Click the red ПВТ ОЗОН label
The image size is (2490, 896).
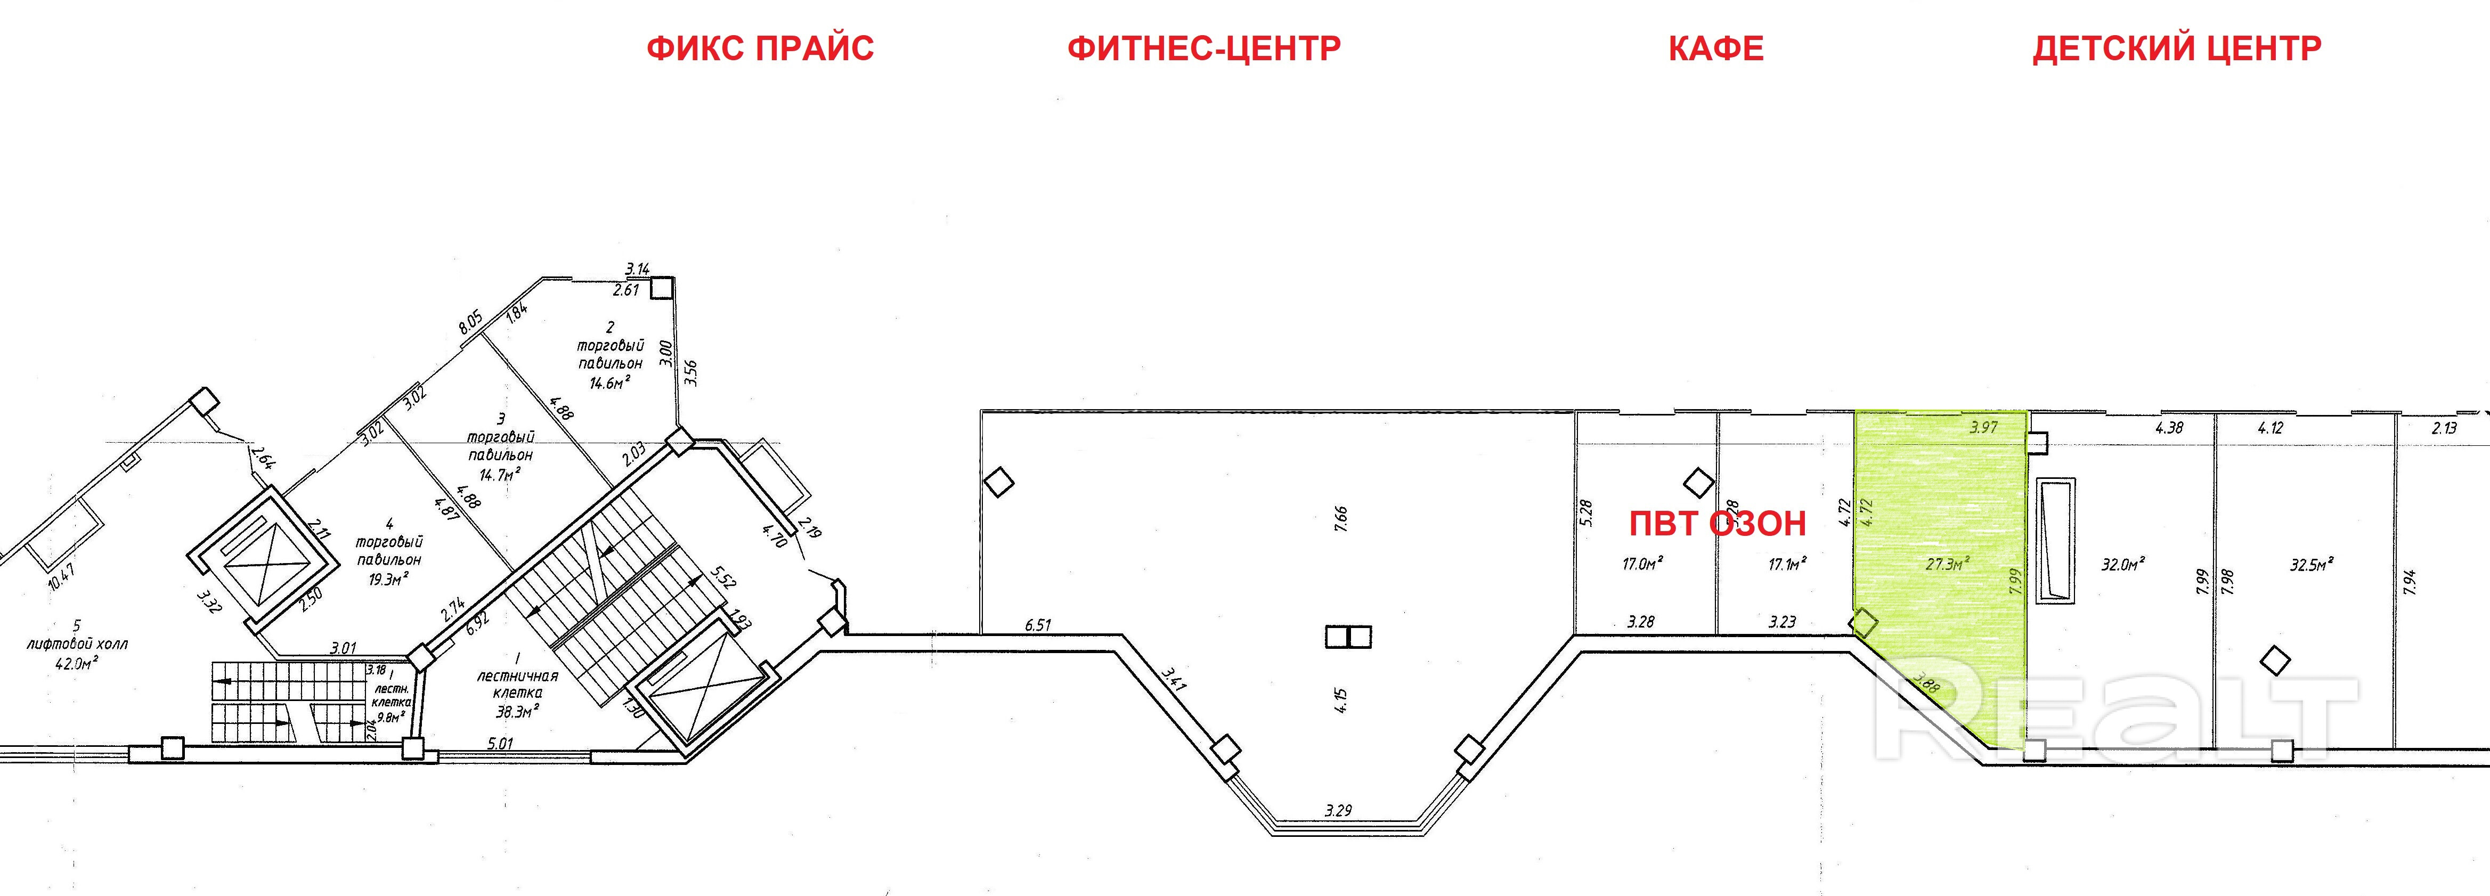pyautogui.click(x=1718, y=524)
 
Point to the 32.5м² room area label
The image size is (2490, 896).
pyautogui.click(x=2311, y=565)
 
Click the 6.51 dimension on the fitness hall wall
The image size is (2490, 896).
pyautogui.click(x=1037, y=625)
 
